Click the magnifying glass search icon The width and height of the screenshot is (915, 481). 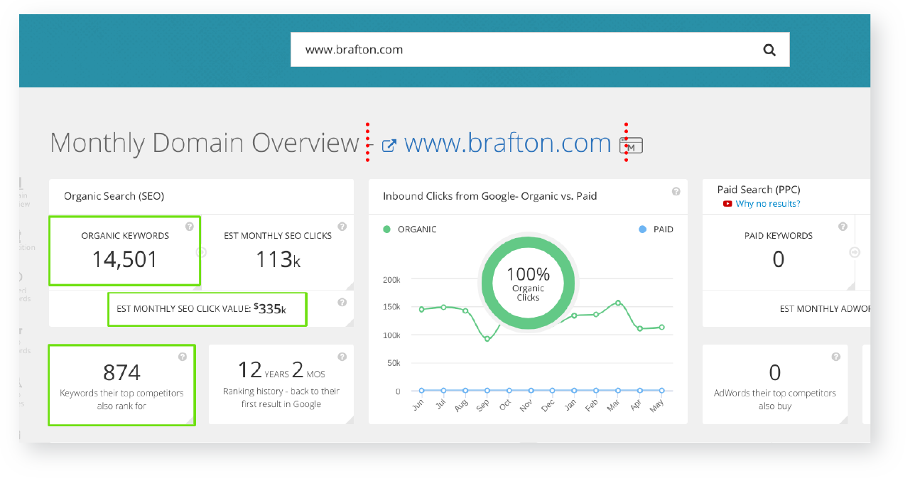click(769, 50)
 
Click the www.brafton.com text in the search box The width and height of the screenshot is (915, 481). click(354, 50)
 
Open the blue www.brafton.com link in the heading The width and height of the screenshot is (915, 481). click(507, 143)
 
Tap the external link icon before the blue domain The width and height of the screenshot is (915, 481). click(389, 145)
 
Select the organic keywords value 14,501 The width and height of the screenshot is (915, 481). click(125, 259)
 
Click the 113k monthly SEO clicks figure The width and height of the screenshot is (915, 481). click(278, 259)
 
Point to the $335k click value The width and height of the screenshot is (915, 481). click(271, 309)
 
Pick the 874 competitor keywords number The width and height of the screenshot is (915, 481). click(121, 372)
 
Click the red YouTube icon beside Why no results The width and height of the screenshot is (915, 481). click(727, 204)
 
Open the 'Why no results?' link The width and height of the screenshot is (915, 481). click(768, 204)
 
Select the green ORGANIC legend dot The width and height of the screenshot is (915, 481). click(387, 229)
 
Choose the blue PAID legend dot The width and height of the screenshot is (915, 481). click(642, 229)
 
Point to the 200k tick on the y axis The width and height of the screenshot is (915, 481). click(391, 280)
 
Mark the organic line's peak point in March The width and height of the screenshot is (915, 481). click(618, 303)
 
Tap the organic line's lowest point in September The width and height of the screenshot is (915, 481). click(487, 339)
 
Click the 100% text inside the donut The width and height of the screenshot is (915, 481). click(529, 274)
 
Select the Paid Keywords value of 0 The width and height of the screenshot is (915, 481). click(779, 259)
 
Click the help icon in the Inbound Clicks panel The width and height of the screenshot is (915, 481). click(676, 191)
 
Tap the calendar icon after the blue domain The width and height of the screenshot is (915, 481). click(632, 145)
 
